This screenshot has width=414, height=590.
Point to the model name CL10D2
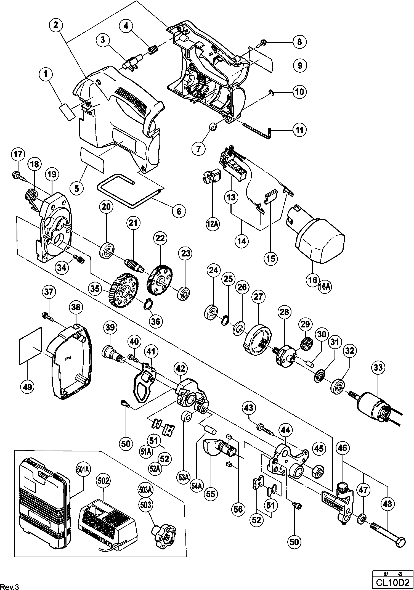[392, 583]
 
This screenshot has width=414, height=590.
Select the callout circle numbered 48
[388, 504]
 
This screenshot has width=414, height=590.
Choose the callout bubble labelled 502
[104, 481]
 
